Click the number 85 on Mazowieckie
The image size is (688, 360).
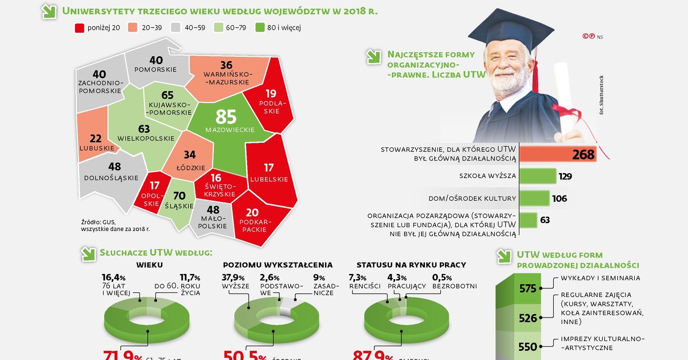tap(226, 116)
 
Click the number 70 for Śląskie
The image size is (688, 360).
tap(179, 195)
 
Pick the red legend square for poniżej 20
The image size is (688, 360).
tap(80, 28)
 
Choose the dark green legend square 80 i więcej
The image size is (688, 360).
tap(259, 28)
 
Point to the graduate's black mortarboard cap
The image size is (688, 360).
tap(519, 29)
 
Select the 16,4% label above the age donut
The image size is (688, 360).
tap(114, 278)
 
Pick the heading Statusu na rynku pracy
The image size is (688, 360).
tap(411, 265)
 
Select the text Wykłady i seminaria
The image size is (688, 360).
tap(600, 278)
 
